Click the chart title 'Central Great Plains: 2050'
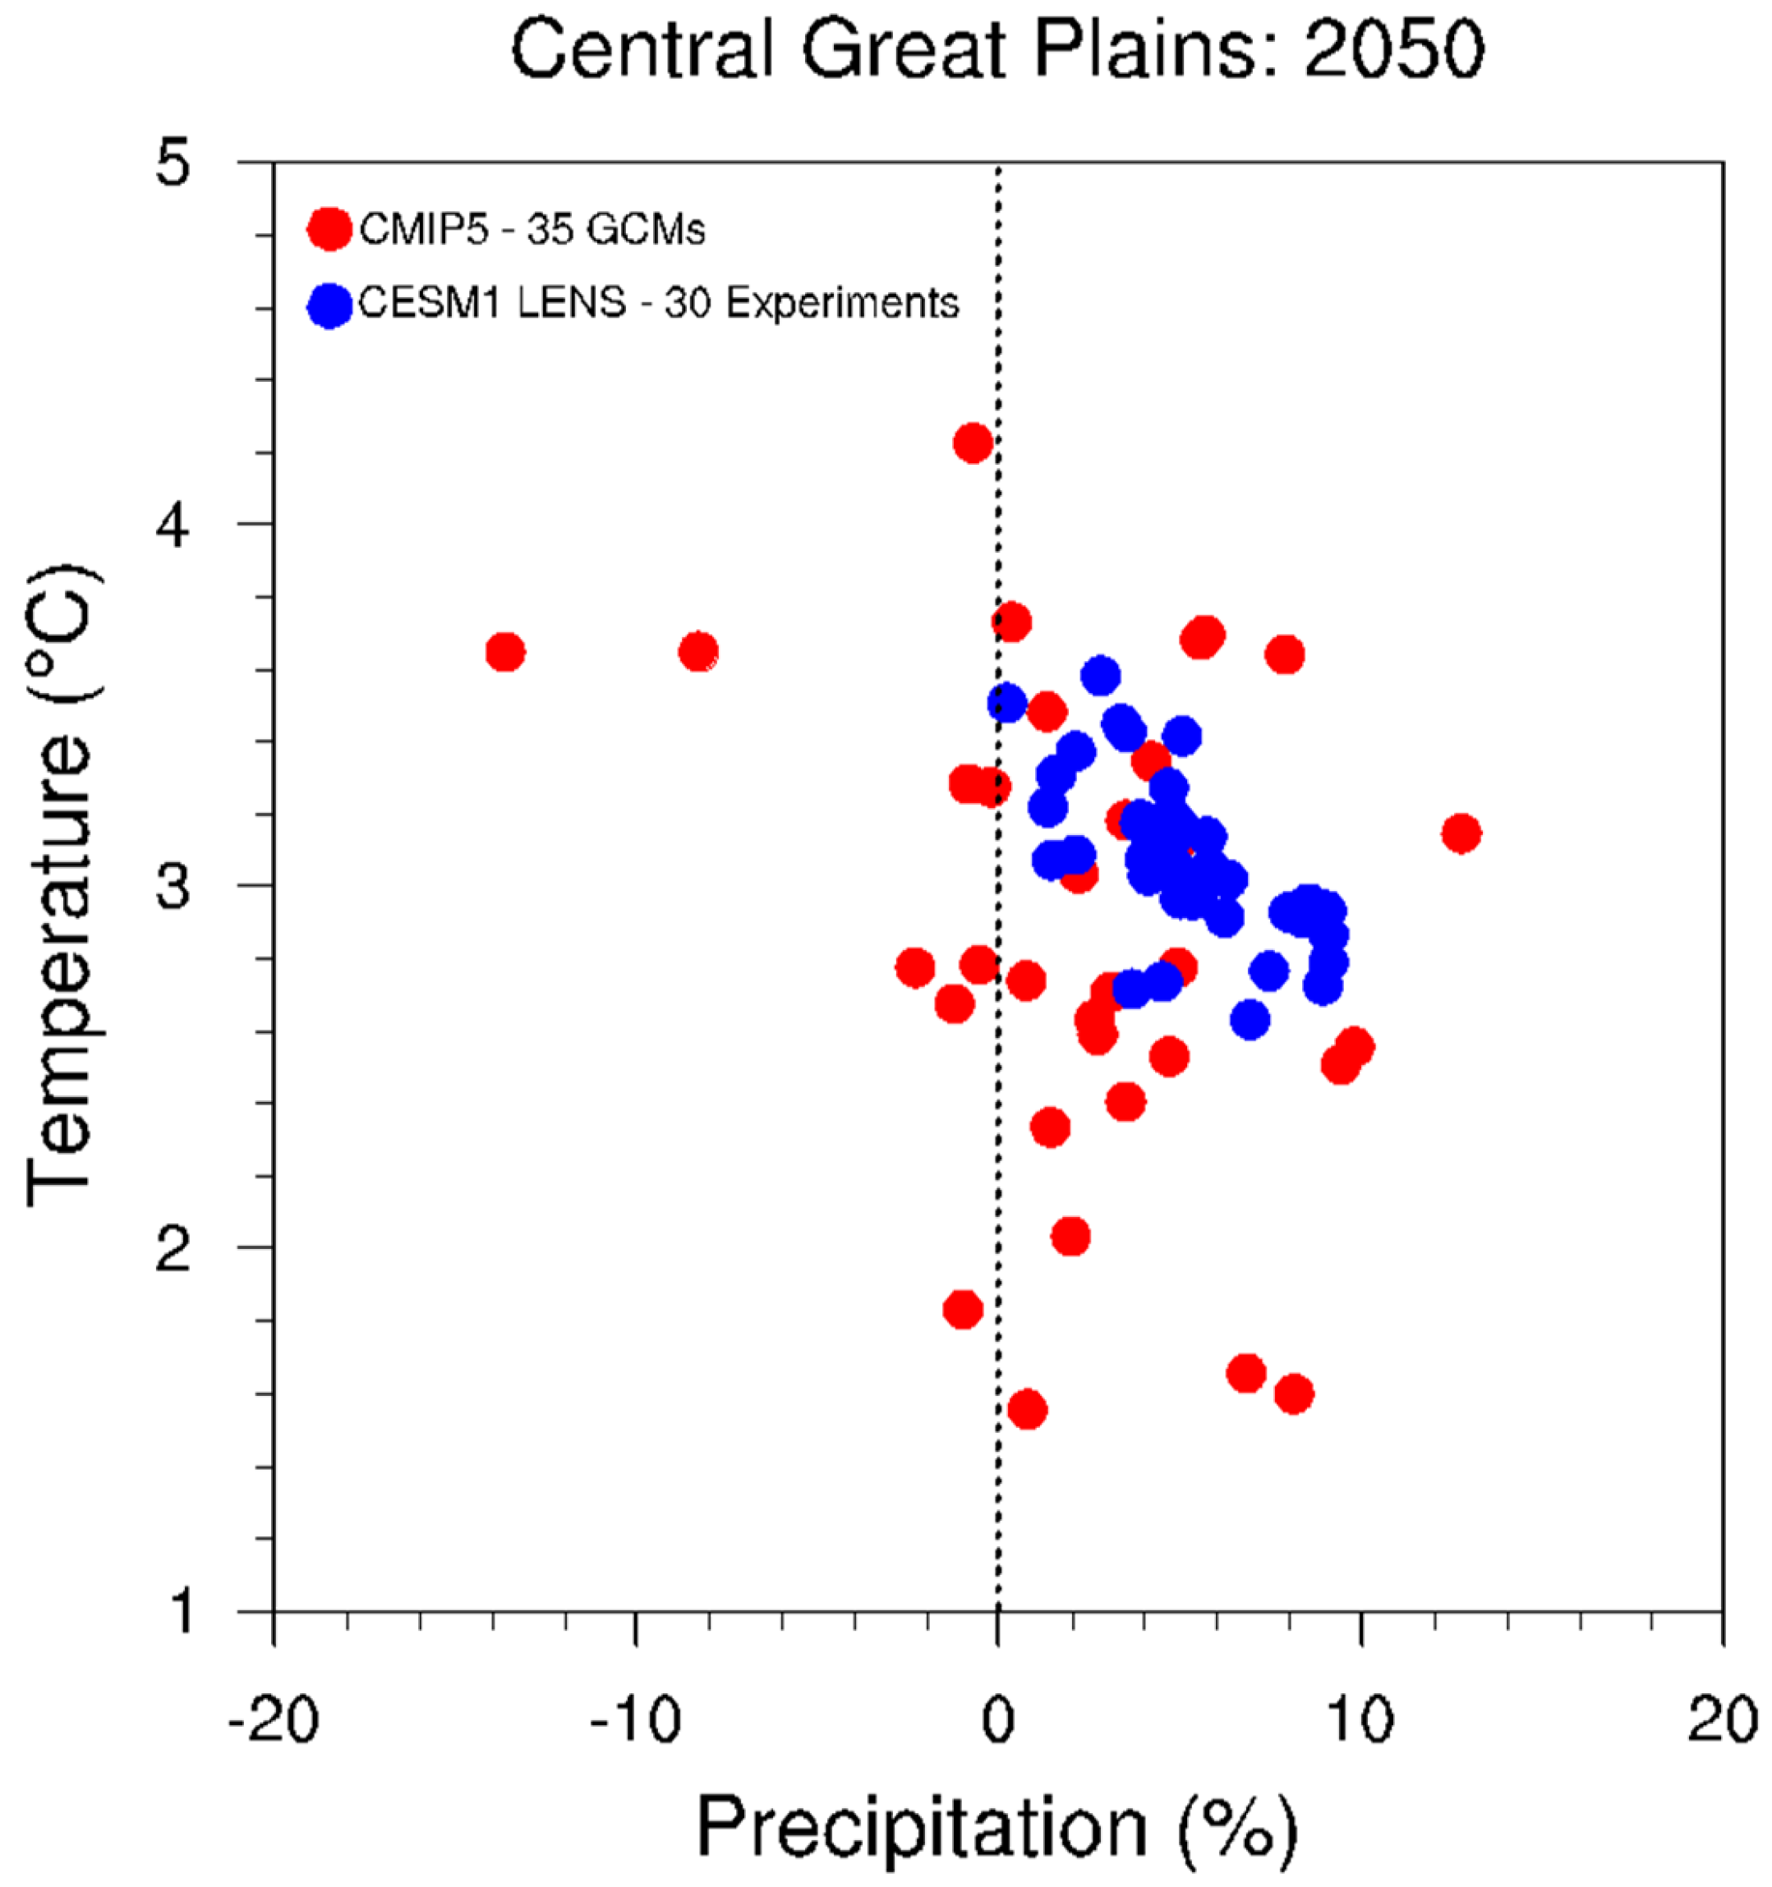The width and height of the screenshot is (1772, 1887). (x=997, y=49)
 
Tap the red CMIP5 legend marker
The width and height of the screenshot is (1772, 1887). (x=329, y=229)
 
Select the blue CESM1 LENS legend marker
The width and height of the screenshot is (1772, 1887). (x=329, y=305)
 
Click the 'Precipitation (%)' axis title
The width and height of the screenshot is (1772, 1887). (x=997, y=1827)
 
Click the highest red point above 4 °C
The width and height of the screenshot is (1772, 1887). (x=973, y=443)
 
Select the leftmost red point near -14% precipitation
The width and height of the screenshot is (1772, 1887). (x=505, y=652)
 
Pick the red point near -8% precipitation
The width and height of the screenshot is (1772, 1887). (x=698, y=652)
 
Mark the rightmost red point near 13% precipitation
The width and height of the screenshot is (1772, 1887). (x=1461, y=833)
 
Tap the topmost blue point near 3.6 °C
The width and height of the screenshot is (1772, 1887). (x=1101, y=676)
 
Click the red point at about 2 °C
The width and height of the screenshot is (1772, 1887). (x=1070, y=1237)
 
